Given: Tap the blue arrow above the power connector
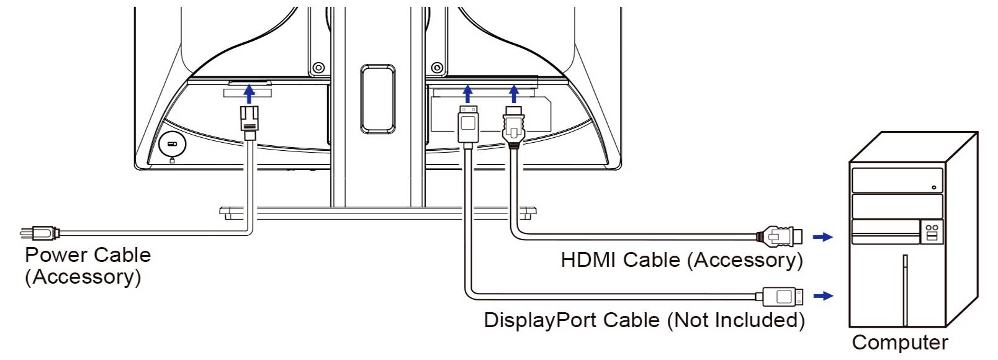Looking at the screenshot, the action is tap(249, 94).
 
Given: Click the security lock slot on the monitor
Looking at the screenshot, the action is tap(171, 144).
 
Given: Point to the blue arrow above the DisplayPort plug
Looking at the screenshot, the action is tap(468, 94).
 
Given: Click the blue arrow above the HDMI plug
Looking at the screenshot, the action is tap(513, 94).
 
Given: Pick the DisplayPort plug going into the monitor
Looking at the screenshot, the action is tap(468, 125).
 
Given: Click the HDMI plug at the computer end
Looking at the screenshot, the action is tap(781, 236).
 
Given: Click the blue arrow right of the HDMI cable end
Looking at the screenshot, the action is tap(823, 236).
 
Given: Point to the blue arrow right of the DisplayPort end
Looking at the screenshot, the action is tap(823, 296).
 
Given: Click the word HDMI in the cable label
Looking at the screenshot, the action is tap(589, 259).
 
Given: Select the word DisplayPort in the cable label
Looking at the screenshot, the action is tap(540, 320).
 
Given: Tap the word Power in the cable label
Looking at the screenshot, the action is tap(55, 255).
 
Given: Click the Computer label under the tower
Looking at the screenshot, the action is tap(900, 343).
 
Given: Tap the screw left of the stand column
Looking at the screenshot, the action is tap(318, 67).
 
